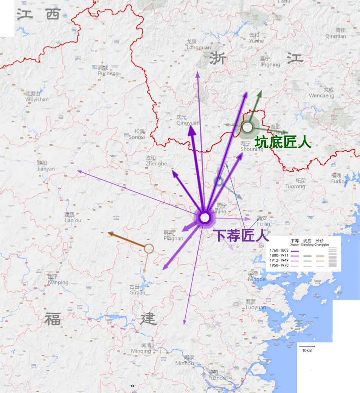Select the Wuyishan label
click(37, 97)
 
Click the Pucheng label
click(108, 71)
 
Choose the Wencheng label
click(321, 93)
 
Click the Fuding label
click(339, 179)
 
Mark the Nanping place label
click(58, 280)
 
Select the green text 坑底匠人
click(283, 142)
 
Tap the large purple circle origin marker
click(205, 217)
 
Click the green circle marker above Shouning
click(247, 127)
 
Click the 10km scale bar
click(307, 346)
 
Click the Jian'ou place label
click(73, 217)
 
